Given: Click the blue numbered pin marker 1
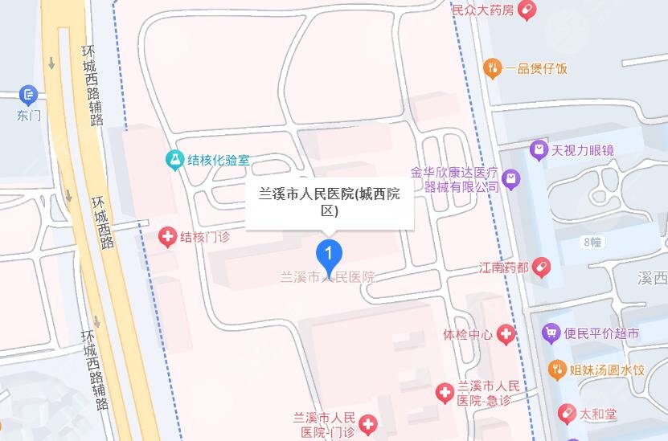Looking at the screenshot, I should point(328,255).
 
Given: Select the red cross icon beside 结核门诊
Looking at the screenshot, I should point(167,236).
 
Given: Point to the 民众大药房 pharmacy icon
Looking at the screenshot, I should point(527,10).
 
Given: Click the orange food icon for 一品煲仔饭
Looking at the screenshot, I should point(493,68).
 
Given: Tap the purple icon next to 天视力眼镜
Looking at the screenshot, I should point(539,149).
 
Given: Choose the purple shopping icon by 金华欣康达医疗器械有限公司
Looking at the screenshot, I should point(510,179).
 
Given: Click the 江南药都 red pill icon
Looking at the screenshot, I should point(542,265).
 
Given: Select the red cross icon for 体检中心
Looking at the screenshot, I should point(506,333).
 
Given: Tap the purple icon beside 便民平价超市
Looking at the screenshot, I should point(551,333).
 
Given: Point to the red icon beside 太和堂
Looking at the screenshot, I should point(567,414).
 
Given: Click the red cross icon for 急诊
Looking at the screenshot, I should point(444,393).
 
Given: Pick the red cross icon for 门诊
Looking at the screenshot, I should point(367,423).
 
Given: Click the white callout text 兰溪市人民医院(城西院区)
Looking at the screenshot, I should point(329,202).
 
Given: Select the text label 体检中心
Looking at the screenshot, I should point(467,333).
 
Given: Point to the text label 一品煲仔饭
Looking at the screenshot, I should point(536,68).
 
